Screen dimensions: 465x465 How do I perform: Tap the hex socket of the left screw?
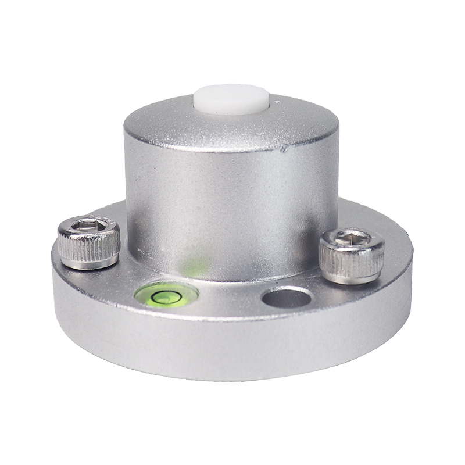point(88,224)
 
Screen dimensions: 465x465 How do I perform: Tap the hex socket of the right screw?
point(352,237)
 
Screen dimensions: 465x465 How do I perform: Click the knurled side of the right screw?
point(352,261)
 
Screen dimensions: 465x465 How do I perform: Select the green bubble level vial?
point(166,295)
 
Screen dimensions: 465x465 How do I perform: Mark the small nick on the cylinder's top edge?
point(284,149)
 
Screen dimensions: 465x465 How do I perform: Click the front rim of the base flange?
point(233,349)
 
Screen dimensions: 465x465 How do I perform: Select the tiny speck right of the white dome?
point(278,103)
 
